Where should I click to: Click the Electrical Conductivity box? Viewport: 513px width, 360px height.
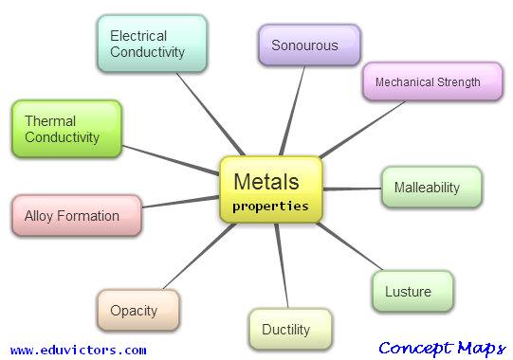[152, 45]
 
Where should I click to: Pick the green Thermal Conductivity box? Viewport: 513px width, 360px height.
[66, 129]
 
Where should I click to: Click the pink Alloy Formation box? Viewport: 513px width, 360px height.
[77, 216]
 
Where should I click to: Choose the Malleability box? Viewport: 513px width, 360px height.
[431, 188]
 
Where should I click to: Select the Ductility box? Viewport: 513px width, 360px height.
[290, 330]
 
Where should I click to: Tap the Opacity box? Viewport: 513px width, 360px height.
[138, 311]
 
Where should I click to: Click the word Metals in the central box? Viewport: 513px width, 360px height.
[266, 181]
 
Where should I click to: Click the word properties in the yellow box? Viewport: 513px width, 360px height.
[271, 205]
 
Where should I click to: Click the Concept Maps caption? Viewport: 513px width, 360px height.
[441, 348]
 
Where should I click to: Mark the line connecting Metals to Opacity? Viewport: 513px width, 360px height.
[194, 261]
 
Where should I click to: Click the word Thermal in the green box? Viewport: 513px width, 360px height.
[50, 121]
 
